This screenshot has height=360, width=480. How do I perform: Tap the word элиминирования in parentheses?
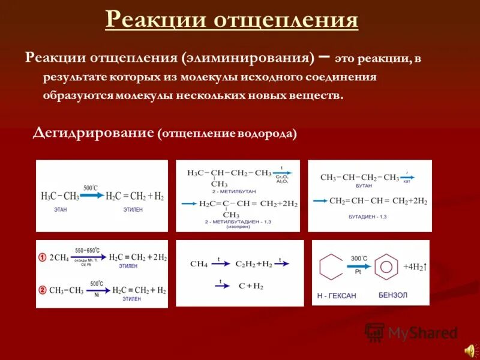pos(251,58)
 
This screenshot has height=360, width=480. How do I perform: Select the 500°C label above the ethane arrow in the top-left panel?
pos(90,188)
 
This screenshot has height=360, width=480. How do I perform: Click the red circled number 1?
pos(43,257)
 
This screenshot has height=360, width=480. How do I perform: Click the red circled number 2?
pos(43,290)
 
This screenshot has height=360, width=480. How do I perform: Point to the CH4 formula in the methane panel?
pos(199,264)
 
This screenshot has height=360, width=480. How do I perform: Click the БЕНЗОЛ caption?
pos(392,296)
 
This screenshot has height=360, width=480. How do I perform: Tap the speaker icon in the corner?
pos(468,349)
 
